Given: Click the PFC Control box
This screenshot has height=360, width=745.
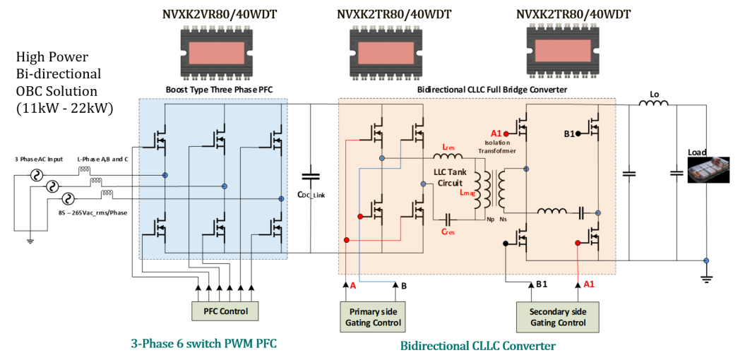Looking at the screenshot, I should tap(225, 311).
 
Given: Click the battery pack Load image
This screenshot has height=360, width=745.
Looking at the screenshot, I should tap(708, 170).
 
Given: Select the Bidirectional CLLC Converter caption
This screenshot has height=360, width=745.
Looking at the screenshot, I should tap(477, 346).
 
